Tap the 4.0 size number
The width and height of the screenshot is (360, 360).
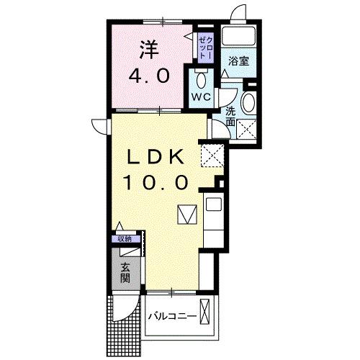(150, 76)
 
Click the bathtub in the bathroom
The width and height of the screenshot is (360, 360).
(238, 36)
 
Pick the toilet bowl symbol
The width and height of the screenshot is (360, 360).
(202, 78)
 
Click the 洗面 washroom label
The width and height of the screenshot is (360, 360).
(230, 117)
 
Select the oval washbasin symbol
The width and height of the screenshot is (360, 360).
(249, 102)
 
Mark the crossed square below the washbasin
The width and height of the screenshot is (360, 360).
(248, 129)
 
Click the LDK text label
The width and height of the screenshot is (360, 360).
(158, 158)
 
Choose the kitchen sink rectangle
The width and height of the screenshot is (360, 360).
(214, 204)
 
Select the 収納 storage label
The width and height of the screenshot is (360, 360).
(125, 239)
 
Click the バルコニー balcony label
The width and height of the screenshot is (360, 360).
(172, 316)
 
